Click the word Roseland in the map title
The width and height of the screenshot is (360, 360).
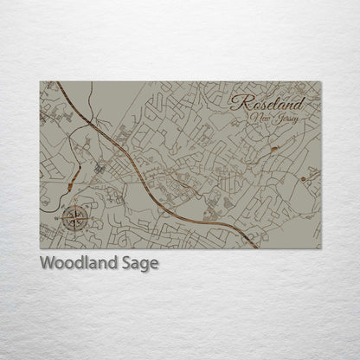coord(268,102)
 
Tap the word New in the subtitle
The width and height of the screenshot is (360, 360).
coord(258,117)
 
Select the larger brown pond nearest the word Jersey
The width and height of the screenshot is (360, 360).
coord(274,148)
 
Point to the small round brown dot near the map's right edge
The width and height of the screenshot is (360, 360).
coord(303,178)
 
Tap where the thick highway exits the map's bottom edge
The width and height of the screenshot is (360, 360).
coord(257,247)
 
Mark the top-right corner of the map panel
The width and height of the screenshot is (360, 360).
coord(320,82)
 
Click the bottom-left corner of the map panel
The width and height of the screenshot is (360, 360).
coord(40,247)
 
